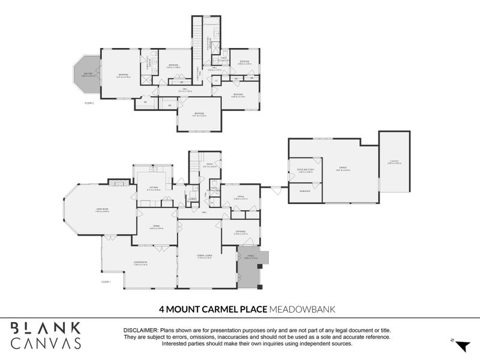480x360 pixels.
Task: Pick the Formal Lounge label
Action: tap(205, 256)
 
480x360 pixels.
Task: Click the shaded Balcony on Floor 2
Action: tap(86, 74)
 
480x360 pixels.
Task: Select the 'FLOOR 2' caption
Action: tap(89, 103)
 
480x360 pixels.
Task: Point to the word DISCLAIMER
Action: tap(140, 331)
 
